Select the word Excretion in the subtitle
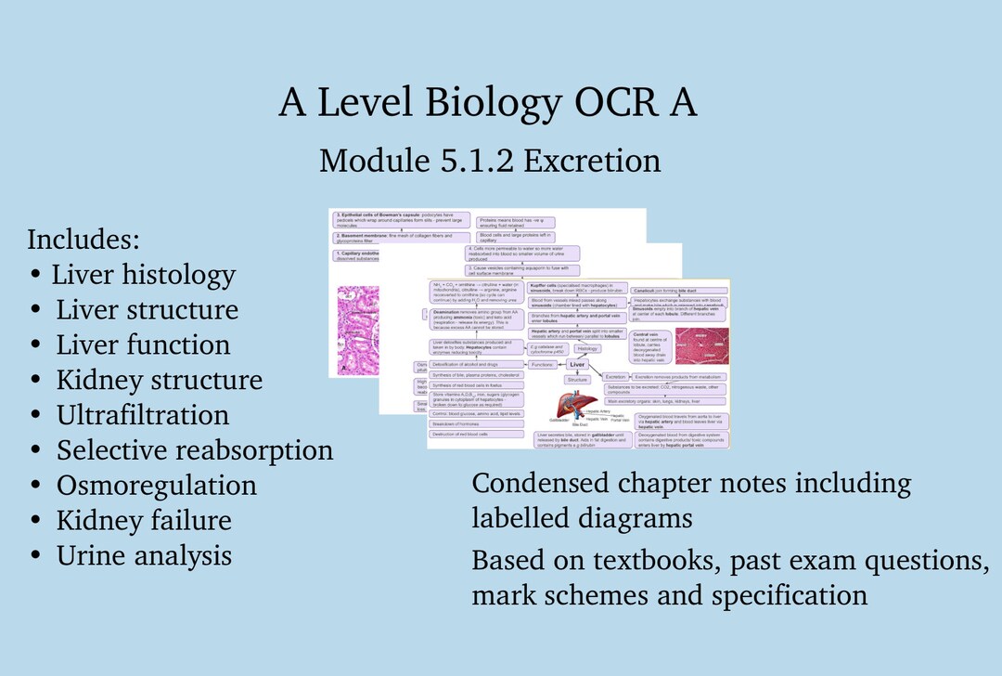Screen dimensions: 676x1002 coord(592,161)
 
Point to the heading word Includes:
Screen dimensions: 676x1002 coord(83,240)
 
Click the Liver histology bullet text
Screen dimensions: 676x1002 coord(143,275)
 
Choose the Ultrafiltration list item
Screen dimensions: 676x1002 coord(143,415)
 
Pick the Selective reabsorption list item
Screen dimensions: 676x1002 coord(195,450)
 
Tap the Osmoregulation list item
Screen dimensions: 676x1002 coord(157,486)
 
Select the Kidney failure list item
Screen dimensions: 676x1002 coord(144,521)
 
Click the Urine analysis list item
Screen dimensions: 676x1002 coord(144,556)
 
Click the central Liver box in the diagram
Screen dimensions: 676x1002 coord(577,365)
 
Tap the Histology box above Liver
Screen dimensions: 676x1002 coord(586,349)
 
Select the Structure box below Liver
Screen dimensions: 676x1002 coord(578,380)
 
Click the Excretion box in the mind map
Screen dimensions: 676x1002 coord(615,376)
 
